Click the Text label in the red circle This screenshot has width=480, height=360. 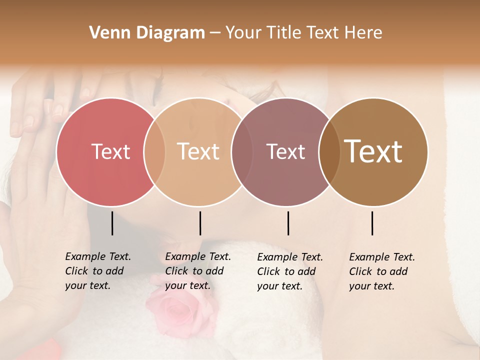pos(110,151)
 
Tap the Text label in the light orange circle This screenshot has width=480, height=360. pos(198,151)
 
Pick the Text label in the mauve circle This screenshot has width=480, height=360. pos(285,151)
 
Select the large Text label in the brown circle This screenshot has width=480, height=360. pos(373,151)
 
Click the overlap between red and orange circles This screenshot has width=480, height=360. pos(154,151)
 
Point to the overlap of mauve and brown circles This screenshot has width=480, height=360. pos(329,151)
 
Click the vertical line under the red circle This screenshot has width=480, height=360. pos(112,223)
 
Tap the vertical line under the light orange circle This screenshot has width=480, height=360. pos(200,223)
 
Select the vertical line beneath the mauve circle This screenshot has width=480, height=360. pos(288,223)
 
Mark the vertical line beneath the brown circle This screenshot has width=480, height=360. pos(372,223)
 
